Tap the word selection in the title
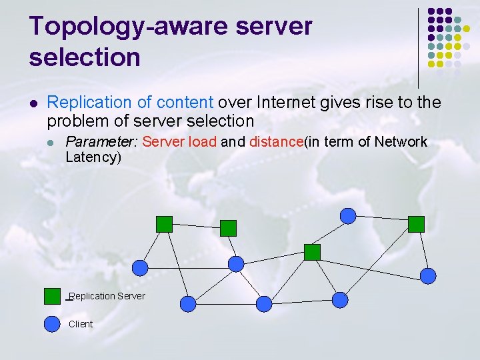pyautogui.click(x=85, y=57)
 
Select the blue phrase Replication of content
pyautogui.click(x=130, y=102)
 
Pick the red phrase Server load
pyautogui.click(x=179, y=141)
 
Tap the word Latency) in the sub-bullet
pyautogui.click(x=93, y=157)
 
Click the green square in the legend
pyautogui.click(x=52, y=296)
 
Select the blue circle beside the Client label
pyautogui.click(x=52, y=323)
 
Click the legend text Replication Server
pyautogui.click(x=107, y=296)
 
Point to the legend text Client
pyautogui.click(x=81, y=324)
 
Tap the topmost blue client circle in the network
pyautogui.click(x=348, y=215)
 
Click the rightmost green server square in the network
pyautogui.click(x=416, y=224)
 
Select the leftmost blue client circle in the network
pyautogui.click(x=140, y=267)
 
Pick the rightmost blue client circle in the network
pyautogui.click(x=427, y=275)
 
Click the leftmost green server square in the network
pyautogui.click(x=164, y=224)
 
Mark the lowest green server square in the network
pyautogui.click(x=312, y=252)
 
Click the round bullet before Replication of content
pyautogui.click(x=33, y=103)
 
